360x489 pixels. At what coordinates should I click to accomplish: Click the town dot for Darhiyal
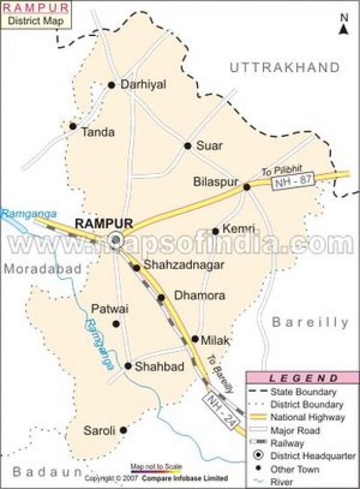tap(111, 85)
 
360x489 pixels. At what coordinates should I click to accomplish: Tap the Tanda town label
tap(98, 131)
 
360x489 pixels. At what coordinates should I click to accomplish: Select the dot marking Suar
tap(188, 145)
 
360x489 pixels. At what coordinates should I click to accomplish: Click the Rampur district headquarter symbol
tap(114, 239)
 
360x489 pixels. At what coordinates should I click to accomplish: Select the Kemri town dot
tap(215, 231)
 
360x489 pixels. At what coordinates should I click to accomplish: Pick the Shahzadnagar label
tap(175, 265)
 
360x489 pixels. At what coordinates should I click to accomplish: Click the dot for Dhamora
tap(161, 298)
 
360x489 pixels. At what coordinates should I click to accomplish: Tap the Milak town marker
tap(195, 339)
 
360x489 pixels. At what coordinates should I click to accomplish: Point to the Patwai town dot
tap(116, 324)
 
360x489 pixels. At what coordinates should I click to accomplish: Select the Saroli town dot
tap(123, 430)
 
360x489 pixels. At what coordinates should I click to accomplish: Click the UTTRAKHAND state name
tap(284, 67)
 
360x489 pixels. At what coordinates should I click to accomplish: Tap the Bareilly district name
tap(310, 322)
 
